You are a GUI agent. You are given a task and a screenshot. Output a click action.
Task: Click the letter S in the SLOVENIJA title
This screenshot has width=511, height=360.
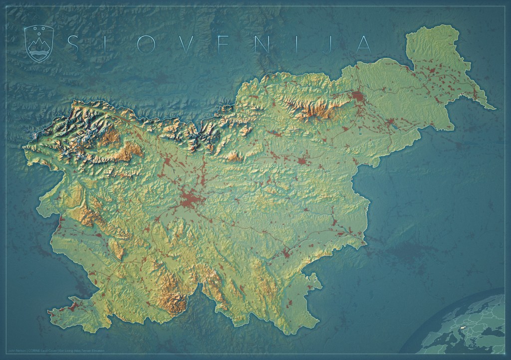pyautogui.click(x=72, y=44)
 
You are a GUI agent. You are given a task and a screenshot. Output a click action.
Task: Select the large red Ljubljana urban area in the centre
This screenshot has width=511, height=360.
pyautogui.click(x=190, y=201)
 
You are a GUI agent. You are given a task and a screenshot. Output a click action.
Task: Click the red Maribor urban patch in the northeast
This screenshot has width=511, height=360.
pyautogui.click(x=357, y=96)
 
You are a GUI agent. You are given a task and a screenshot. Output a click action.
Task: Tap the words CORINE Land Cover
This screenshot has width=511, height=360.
pyautogui.click(x=42, y=351)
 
